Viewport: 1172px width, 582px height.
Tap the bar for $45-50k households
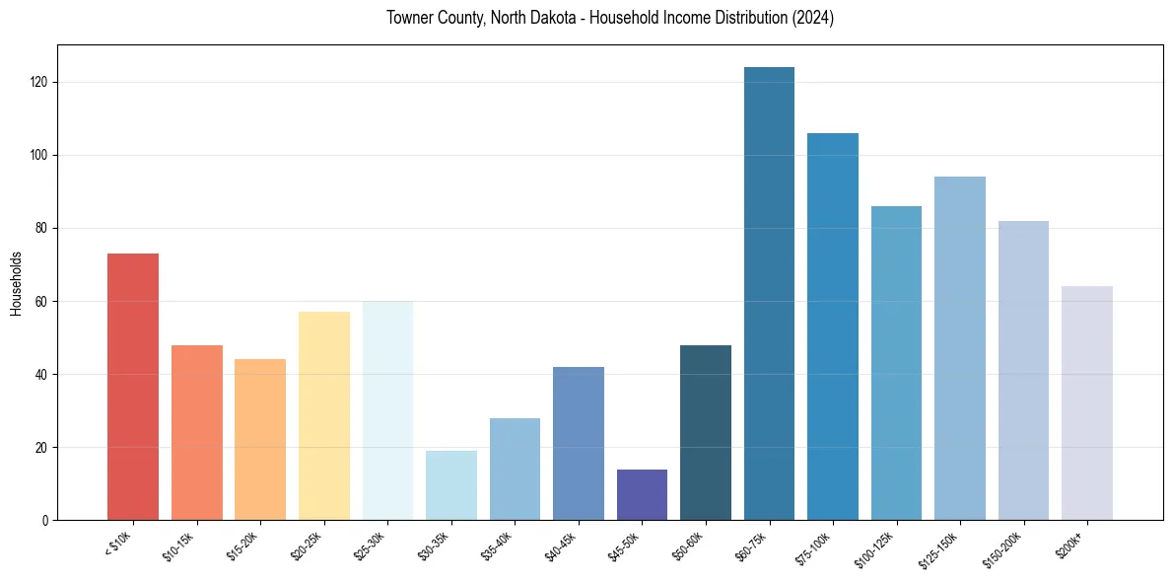642,494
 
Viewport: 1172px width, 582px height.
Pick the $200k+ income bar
1087,403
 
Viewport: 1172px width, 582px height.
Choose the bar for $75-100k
833,327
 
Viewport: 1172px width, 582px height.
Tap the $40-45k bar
579,443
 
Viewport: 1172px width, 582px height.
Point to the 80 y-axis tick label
43,228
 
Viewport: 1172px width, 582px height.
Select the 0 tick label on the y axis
46,520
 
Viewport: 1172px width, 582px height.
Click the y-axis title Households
16,283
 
